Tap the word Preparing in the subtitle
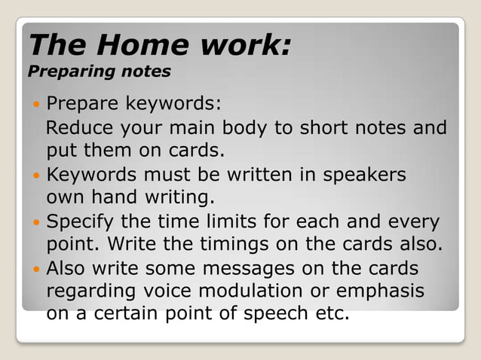point(60,72)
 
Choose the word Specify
point(81,223)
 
